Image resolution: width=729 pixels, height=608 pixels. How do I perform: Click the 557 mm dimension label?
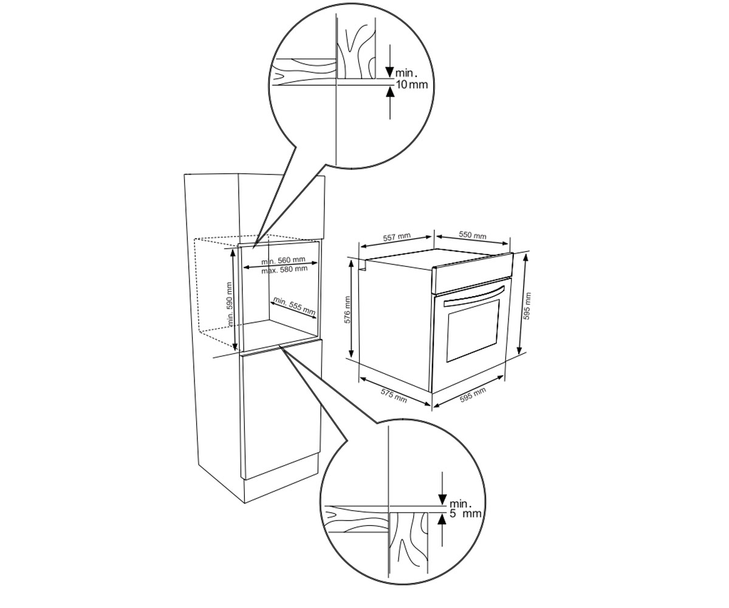point(397,237)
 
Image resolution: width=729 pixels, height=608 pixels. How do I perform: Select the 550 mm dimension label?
point(473,235)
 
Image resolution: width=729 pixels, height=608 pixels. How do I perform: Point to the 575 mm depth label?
point(394,396)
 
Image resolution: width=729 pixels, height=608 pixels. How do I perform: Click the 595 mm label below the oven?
point(473,395)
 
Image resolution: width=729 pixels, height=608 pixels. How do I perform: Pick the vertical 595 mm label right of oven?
point(527,306)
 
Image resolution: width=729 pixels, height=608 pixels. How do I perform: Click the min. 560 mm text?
point(283,260)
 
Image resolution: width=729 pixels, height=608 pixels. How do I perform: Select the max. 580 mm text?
point(284,269)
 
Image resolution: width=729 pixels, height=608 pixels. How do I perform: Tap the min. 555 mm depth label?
point(294,306)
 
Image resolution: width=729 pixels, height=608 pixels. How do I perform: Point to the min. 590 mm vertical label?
point(230,304)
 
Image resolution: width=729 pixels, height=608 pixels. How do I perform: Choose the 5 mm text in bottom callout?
point(465,513)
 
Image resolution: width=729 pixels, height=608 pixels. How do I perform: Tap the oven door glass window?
point(473,331)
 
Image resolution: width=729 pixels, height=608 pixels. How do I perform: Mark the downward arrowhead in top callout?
point(390,72)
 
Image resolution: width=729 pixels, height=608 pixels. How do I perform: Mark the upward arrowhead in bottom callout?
point(442,521)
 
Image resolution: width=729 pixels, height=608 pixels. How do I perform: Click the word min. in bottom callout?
point(460,504)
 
